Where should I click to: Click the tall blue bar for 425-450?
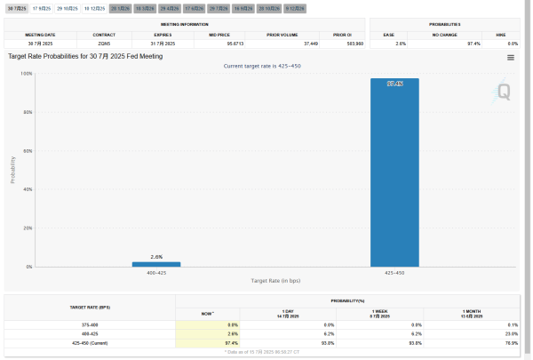(394, 172)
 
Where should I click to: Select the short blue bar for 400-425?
(156, 264)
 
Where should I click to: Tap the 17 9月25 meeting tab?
(42, 7)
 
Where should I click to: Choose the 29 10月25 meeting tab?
(68, 7)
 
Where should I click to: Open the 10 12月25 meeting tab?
(94, 7)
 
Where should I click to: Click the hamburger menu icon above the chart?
(511, 57)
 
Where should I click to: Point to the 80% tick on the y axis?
(28, 112)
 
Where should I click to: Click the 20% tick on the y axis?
(28, 228)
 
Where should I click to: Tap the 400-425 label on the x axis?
(156, 272)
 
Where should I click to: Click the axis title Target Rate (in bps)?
(275, 281)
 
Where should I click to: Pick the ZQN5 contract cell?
(103, 42)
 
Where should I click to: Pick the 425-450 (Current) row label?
(90, 341)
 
